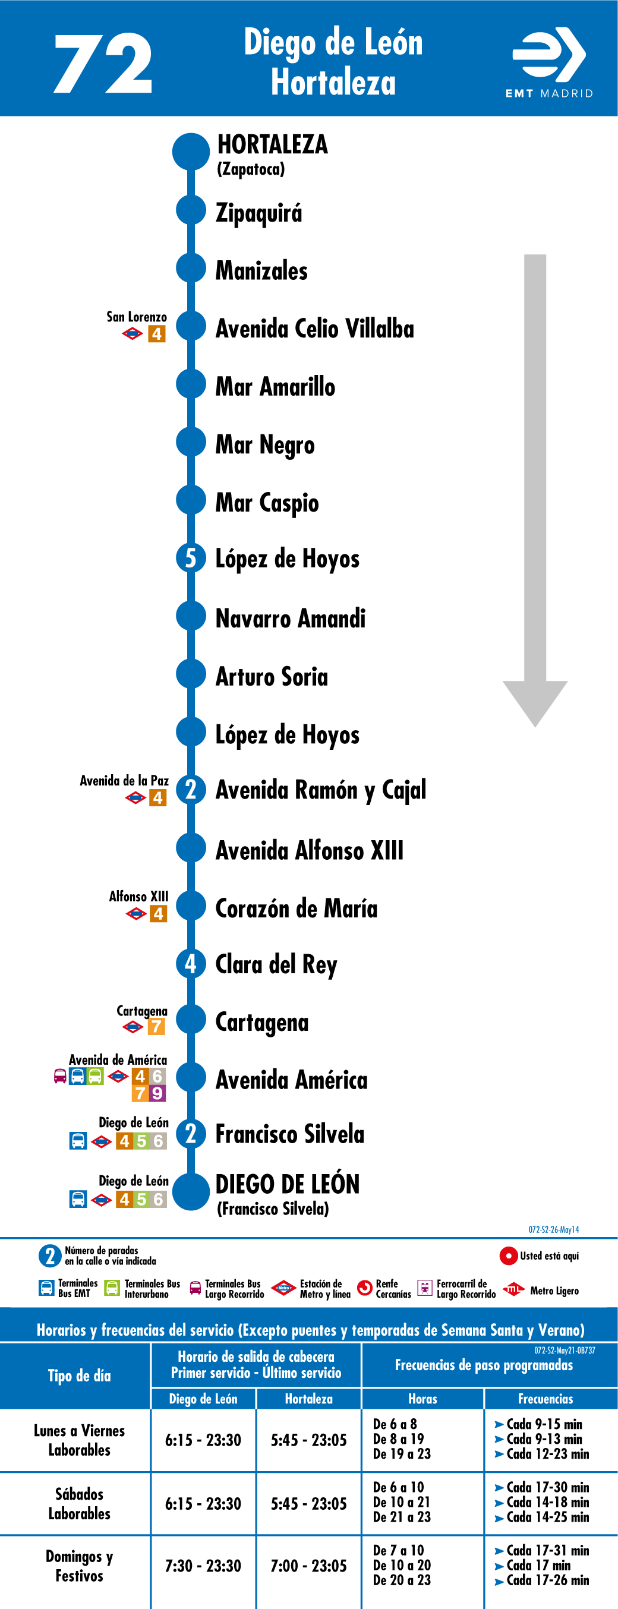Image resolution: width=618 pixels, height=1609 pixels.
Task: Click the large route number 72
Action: click(x=103, y=63)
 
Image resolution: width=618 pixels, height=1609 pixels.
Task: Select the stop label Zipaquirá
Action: click(x=258, y=213)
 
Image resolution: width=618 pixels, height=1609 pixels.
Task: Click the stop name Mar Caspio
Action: click(x=267, y=503)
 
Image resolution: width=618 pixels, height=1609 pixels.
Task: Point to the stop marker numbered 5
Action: click(x=191, y=558)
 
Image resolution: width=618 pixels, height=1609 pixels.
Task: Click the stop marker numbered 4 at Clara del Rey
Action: click(x=191, y=964)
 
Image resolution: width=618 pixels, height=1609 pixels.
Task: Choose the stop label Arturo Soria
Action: click(x=271, y=676)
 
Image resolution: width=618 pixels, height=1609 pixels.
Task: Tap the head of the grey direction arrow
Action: click(x=535, y=703)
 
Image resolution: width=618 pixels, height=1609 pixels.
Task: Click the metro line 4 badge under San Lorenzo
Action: click(x=157, y=334)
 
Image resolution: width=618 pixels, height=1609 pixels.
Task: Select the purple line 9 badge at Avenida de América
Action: click(x=157, y=1093)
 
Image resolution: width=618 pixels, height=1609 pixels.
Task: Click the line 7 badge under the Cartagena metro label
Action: click(x=156, y=1026)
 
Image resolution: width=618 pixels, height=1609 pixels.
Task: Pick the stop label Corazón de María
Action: click(x=296, y=908)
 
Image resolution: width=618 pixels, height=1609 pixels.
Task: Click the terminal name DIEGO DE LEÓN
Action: click(x=288, y=1184)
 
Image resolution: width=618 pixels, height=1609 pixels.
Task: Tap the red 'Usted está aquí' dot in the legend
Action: click(x=508, y=1255)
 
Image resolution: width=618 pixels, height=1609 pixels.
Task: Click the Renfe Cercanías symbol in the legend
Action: click(x=365, y=1288)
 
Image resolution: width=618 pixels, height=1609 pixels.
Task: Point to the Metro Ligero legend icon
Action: click(x=513, y=1289)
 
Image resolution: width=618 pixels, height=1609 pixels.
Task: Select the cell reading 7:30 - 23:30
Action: click(x=203, y=1566)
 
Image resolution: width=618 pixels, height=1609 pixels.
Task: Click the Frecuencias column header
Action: click(x=546, y=1399)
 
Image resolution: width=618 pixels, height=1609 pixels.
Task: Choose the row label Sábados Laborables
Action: click(x=80, y=1503)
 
